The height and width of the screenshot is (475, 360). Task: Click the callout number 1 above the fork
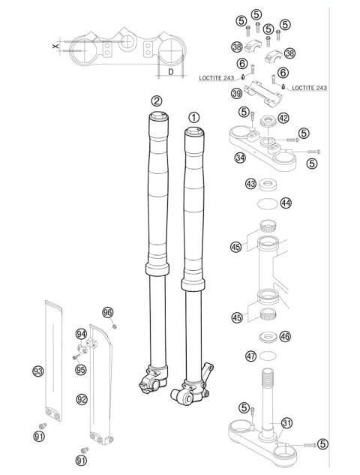pyautogui.click(x=194, y=117)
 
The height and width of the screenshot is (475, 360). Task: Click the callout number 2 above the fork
pyautogui.click(x=156, y=101)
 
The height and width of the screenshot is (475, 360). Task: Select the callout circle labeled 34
pyautogui.click(x=240, y=158)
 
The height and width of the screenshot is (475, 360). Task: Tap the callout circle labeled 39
pyautogui.click(x=236, y=92)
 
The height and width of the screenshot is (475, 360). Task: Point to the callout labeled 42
pyautogui.click(x=283, y=118)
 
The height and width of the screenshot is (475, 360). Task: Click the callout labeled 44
pyautogui.click(x=286, y=203)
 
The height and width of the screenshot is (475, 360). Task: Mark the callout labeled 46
pyautogui.click(x=285, y=338)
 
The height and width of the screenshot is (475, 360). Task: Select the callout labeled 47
pyautogui.click(x=252, y=356)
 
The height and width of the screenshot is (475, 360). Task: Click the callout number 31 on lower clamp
pyautogui.click(x=286, y=422)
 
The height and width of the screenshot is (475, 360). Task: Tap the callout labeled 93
pyautogui.click(x=37, y=371)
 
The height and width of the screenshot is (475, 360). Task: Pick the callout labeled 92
pyautogui.click(x=81, y=399)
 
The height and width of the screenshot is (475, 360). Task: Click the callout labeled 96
pyautogui.click(x=107, y=312)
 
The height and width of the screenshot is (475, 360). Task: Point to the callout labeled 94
pyautogui.click(x=81, y=334)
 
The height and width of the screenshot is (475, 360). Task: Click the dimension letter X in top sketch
pyautogui.click(x=55, y=46)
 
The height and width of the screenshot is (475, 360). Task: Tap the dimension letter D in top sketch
pyautogui.click(x=172, y=72)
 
